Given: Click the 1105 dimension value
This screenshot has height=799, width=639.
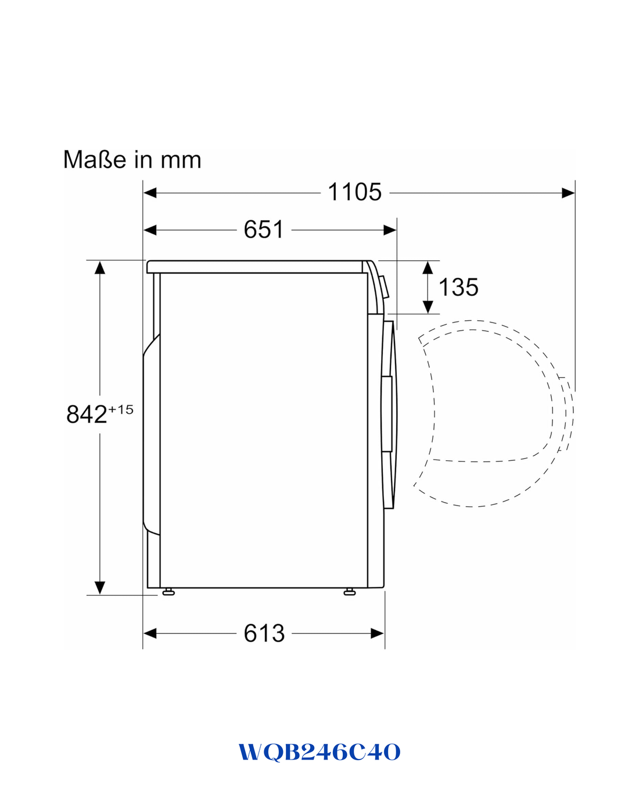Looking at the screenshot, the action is tap(354, 192).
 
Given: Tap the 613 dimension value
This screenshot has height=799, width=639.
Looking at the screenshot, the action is tap(264, 633).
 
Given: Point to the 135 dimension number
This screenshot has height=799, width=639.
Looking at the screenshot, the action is tap(458, 287).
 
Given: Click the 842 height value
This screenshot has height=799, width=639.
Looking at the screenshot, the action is tap(87, 414).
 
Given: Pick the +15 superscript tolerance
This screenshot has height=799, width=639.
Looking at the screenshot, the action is tap(120, 410).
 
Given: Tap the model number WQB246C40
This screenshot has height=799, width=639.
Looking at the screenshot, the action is tap(319, 752).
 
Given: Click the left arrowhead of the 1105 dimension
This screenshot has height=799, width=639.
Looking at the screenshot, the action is tap(150, 193).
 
